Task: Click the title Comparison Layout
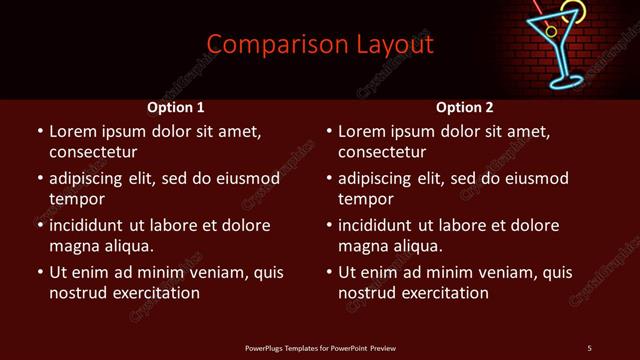[x=320, y=45]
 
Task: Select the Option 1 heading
[x=176, y=107]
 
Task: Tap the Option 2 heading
[x=465, y=107]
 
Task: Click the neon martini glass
[x=564, y=50]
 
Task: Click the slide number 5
[x=589, y=347]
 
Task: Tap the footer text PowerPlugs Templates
[x=320, y=347]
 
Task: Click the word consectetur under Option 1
[x=93, y=152]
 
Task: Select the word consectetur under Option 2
[x=382, y=152]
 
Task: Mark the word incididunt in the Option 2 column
[x=375, y=225]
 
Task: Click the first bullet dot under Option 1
[x=40, y=131]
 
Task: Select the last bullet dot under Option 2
[x=329, y=272]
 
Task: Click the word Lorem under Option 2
[x=361, y=131]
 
